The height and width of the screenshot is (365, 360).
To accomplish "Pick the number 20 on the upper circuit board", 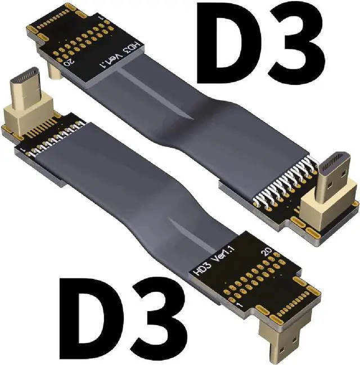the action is (x=69, y=62).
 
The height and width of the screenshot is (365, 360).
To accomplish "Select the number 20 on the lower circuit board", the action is (x=267, y=251).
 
